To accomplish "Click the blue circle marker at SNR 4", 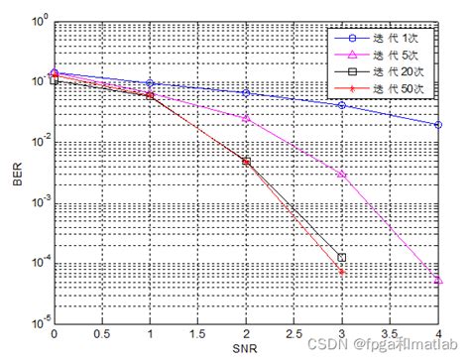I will tap(438, 125).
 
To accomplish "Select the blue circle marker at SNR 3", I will tap(342, 105).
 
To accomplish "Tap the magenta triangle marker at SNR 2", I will tap(246, 118).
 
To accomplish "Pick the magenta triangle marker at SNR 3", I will tap(342, 174).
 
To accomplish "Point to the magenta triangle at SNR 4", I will tap(438, 281).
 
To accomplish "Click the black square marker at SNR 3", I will tap(342, 257).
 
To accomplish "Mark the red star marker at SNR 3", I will tap(342, 271).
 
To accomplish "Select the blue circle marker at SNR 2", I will tap(246, 93).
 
